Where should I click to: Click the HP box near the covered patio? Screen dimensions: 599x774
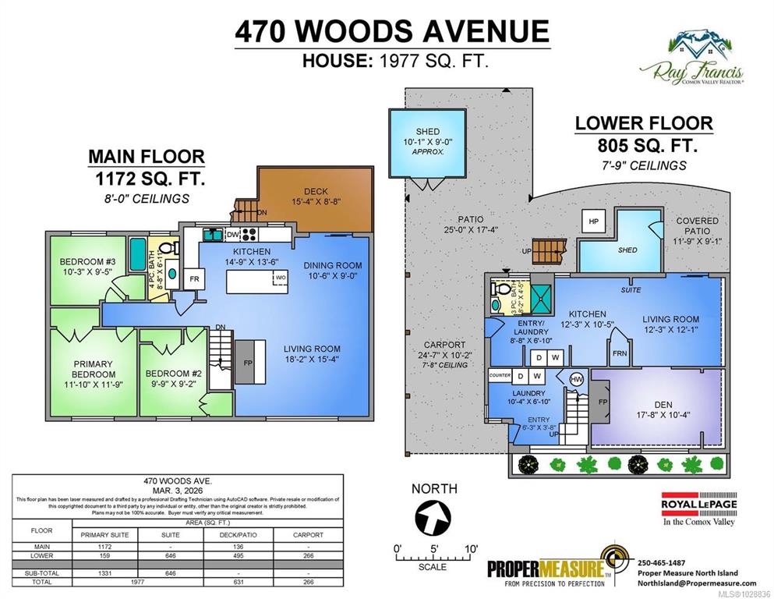tap(594, 221)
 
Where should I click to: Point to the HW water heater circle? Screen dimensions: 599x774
tap(576, 379)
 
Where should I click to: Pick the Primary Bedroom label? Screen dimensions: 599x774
tap(94, 369)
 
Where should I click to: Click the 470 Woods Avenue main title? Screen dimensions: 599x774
tap(392, 32)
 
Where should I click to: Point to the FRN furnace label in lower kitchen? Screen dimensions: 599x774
tap(620, 353)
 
